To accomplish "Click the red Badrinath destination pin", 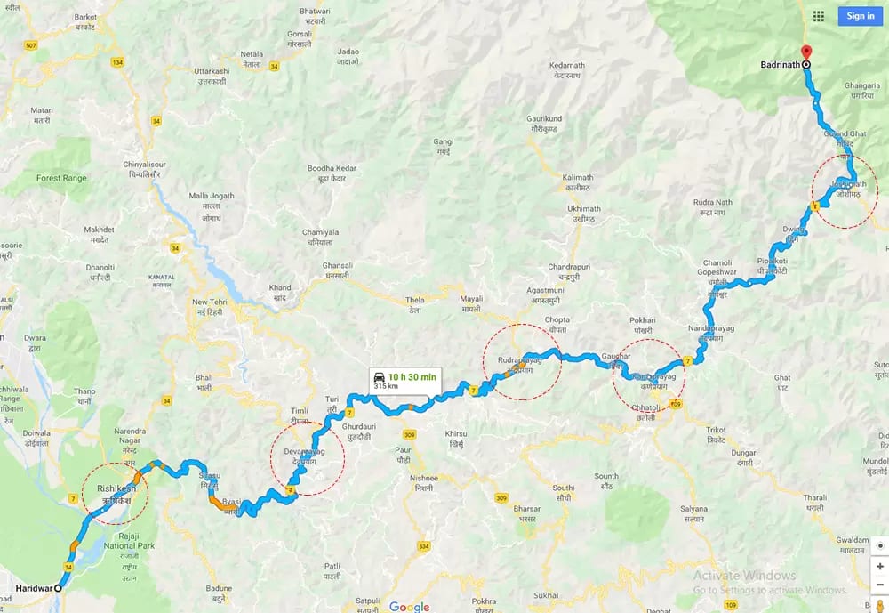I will [x=805, y=52].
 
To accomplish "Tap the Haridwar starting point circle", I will [x=59, y=588].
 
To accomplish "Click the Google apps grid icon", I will [x=819, y=16].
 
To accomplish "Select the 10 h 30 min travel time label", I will [x=412, y=376].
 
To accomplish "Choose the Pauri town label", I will [x=404, y=456].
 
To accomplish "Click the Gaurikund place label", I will [x=545, y=124].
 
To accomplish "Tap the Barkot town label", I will [x=86, y=21].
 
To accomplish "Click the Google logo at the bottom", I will [x=409, y=607].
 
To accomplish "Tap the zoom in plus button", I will [x=879, y=566].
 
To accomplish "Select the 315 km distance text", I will [x=386, y=387].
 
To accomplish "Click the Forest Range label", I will [x=61, y=178].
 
